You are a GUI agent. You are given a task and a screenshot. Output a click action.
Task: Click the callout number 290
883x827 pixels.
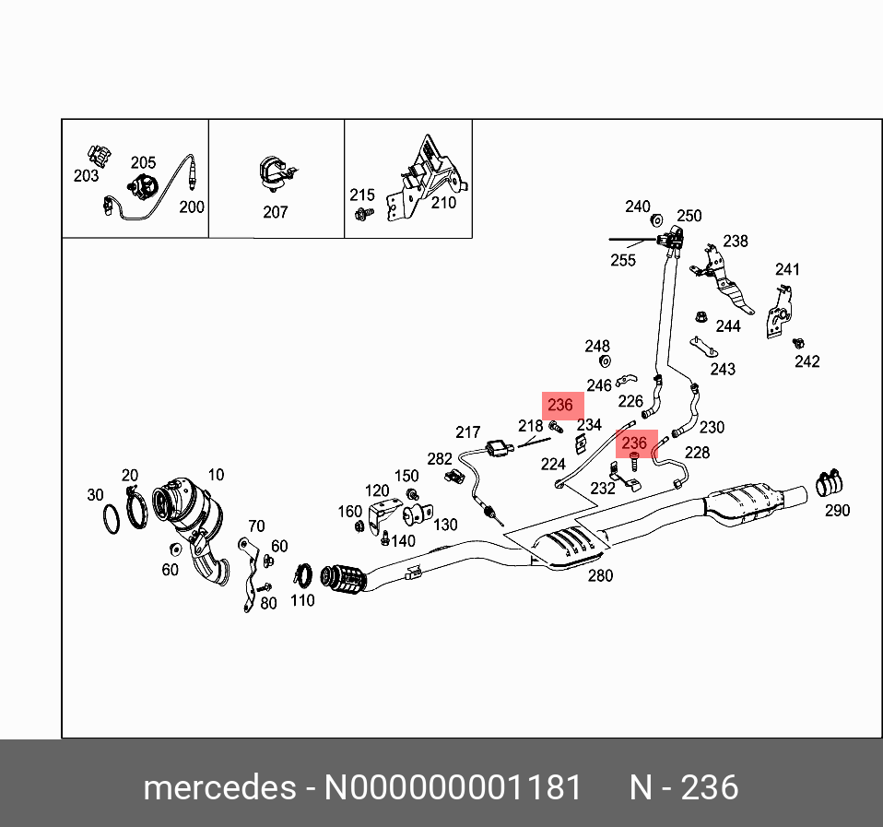tap(837, 510)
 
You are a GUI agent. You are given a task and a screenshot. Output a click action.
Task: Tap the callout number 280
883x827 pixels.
tap(599, 576)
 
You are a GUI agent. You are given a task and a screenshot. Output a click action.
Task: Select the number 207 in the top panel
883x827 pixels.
tap(276, 212)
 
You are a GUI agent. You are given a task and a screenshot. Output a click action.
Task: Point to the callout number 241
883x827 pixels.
tap(787, 269)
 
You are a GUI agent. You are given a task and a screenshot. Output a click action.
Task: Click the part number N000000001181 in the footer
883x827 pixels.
tap(451, 788)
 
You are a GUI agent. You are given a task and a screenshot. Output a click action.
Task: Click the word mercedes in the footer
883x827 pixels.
tap(218, 788)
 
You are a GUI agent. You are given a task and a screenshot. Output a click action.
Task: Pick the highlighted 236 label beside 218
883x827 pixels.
tap(560, 406)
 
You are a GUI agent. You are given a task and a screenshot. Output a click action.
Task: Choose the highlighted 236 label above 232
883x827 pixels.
tap(634, 443)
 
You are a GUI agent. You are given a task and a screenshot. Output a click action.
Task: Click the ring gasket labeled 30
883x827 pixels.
tap(110, 519)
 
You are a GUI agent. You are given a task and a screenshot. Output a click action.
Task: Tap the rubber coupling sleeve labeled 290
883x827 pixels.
tap(832, 482)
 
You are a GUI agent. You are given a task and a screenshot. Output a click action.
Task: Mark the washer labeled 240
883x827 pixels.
tap(657, 219)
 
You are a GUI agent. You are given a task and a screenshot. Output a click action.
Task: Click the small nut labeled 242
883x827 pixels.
tap(798, 343)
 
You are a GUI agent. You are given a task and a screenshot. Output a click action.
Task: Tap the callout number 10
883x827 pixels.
tap(215, 475)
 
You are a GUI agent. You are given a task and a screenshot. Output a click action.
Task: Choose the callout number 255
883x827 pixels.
tap(623, 260)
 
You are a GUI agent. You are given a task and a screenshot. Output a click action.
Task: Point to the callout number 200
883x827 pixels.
tap(191, 207)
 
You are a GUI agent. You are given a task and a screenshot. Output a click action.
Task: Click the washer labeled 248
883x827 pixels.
tap(605, 360)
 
